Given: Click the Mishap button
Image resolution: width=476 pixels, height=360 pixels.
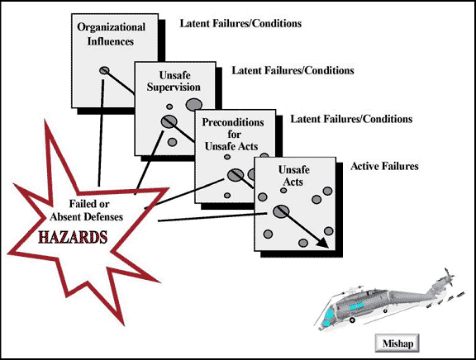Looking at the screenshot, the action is (397, 343).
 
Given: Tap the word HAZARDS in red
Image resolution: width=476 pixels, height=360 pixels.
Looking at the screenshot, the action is (73, 237).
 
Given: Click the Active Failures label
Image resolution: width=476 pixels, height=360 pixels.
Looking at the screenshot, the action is (384, 166).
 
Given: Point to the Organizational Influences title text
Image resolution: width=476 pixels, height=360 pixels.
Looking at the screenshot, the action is (111, 34).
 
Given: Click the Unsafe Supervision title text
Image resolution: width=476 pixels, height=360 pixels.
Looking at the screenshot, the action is (174, 81).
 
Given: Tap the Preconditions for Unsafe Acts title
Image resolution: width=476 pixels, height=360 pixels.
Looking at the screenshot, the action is (233, 134).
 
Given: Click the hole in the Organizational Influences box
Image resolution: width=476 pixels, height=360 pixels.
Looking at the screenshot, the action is (104, 71).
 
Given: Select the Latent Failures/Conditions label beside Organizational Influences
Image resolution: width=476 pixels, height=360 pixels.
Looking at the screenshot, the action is (240, 24).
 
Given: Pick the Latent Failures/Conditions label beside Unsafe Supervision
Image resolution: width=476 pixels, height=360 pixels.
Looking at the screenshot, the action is (293, 71).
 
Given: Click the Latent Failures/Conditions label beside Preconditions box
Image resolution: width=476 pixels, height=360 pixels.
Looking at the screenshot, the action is (351, 119).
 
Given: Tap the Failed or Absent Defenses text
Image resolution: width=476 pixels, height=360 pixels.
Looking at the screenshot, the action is (87, 211).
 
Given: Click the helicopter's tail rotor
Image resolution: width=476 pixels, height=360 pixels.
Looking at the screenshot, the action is (449, 277).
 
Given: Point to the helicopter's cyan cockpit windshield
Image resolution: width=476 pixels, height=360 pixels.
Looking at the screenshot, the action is (328, 317).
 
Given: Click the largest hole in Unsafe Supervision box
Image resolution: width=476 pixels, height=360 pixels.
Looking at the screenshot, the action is (194, 105).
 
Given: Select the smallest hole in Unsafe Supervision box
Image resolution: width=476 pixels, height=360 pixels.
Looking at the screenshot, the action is (169, 107).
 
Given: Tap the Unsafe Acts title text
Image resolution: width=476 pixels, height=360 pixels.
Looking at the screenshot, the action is (293, 176).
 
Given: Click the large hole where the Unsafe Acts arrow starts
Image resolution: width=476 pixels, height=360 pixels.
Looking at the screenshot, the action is (280, 211).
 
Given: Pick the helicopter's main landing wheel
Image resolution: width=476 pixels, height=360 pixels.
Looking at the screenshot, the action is (352, 320).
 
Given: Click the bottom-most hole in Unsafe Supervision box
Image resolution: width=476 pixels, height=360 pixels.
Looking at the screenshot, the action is (172, 142).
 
